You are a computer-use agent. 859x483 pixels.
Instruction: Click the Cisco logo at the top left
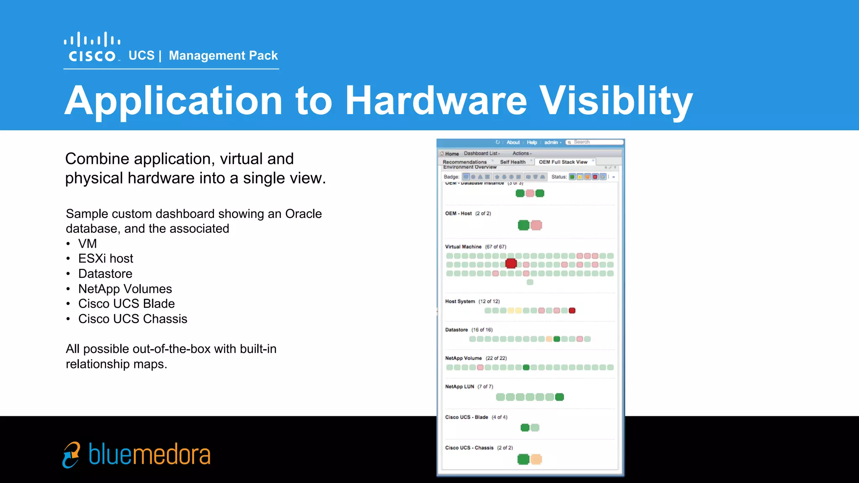click(x=92, y=47)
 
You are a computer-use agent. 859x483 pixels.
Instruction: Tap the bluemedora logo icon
click(x=71, y=454)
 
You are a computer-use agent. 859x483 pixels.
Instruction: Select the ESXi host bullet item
click(x=105, y=258)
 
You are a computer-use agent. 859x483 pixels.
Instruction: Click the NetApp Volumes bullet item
click(x=125, y=289)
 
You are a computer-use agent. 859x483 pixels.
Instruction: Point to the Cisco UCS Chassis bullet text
click(x=133, y=319)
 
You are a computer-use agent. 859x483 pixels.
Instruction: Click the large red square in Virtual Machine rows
click(x=511, y=263)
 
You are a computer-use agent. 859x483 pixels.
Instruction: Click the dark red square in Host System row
click(x=572, y=311)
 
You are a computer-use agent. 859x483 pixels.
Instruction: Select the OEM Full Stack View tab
click(x=563, y=162)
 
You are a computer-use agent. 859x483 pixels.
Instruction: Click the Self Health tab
click(x=513, y=162)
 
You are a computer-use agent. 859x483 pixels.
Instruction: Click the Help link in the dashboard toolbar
click(x=532, y=143)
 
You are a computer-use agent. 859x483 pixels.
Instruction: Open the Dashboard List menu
click(x=482, y=153)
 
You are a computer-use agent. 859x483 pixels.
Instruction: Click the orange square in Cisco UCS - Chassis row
click(x=536, y=459)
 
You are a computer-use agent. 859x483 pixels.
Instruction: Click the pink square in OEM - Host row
click(x=536, y=225)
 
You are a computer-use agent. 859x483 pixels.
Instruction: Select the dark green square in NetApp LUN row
click(x=560, y=397)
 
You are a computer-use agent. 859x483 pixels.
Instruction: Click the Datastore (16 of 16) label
click(x=469, y=330)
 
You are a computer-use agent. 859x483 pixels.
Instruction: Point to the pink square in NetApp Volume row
click(x=480, y=367)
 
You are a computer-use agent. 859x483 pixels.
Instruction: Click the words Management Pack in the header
click(x=223, y=55)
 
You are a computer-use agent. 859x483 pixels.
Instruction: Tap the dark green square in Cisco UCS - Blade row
click(x=525, y=428)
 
